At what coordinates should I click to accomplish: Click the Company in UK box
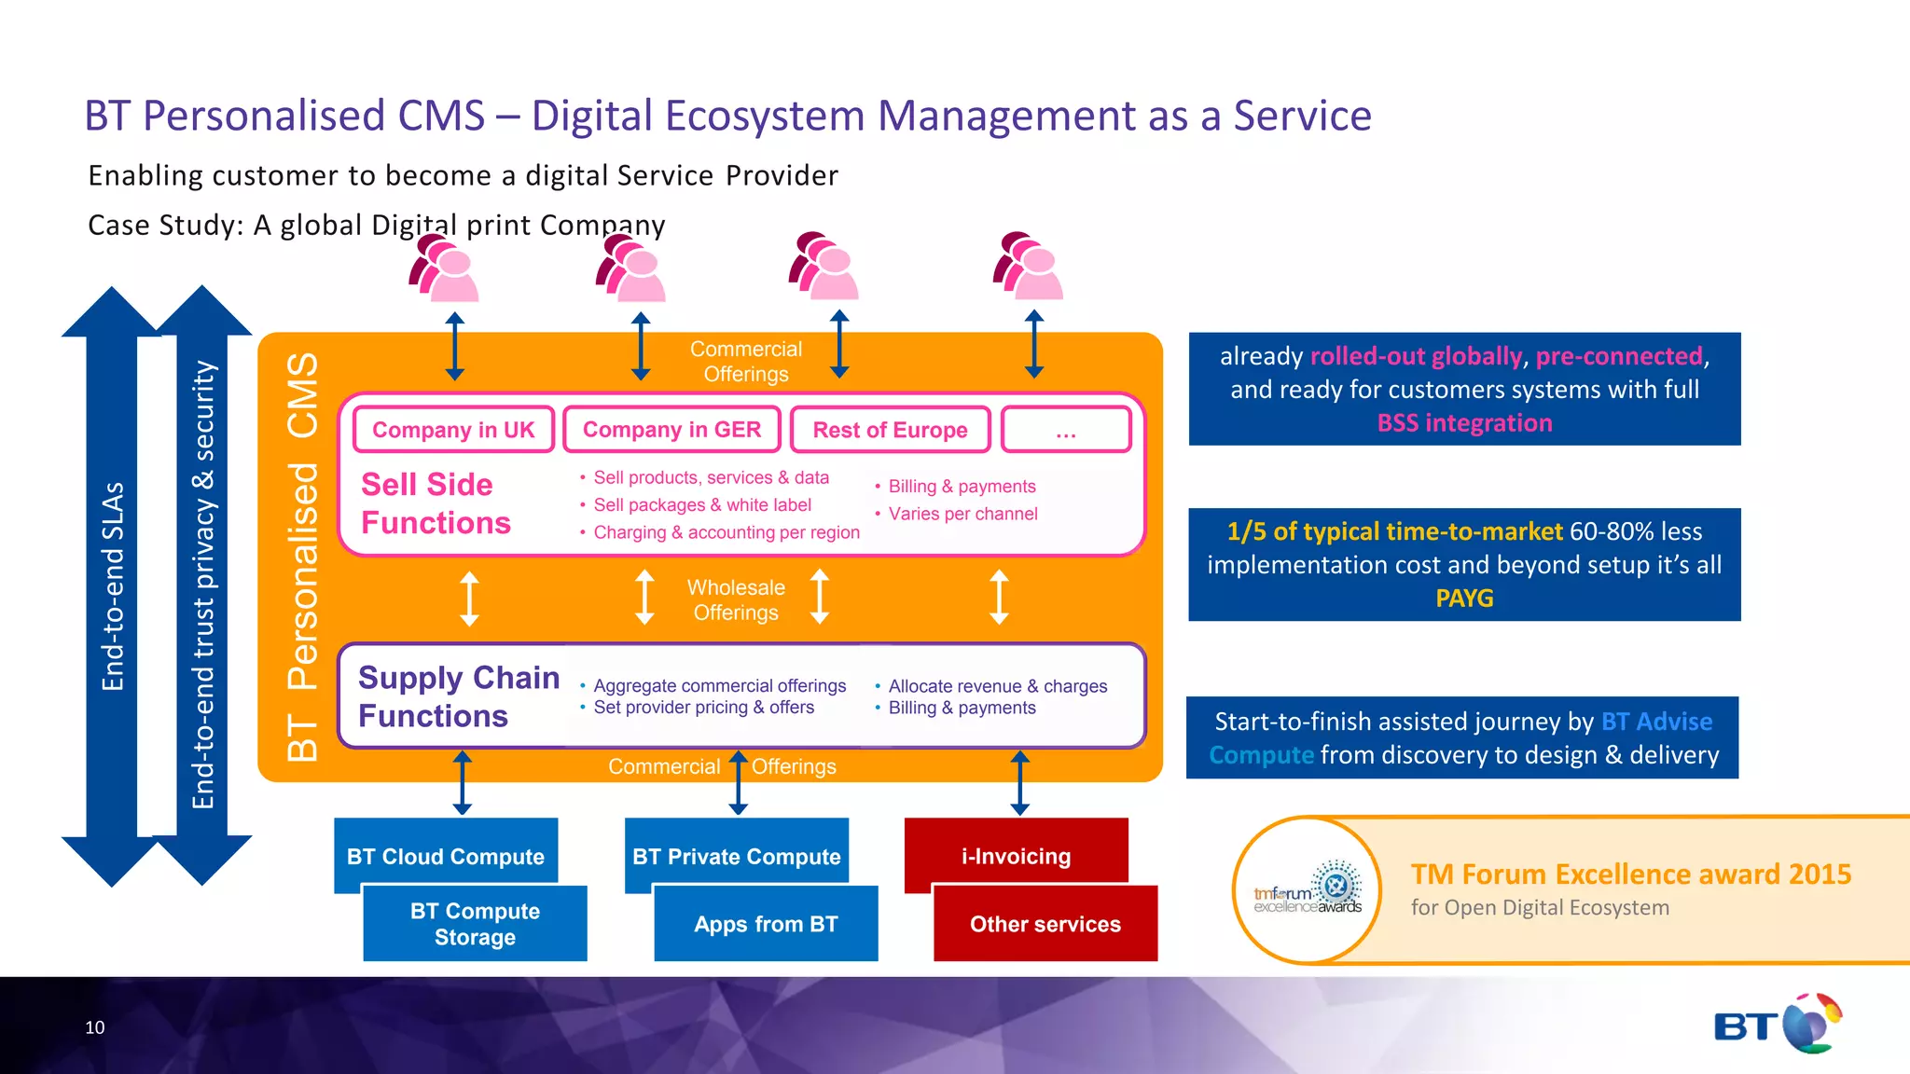tap(453, 430)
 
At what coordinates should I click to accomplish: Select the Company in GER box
tap(671, 430)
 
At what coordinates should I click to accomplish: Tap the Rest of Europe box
tap(890, 430)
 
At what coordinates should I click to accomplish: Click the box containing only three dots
tap(1066, 430)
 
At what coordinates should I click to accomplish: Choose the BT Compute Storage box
tap(475, 924)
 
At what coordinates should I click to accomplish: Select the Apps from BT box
tap(766, 924)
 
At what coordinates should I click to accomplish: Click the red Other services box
tap(1045, 924)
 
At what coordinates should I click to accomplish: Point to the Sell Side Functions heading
tap(436, 503)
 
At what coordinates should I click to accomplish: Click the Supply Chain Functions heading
tap(458, 696)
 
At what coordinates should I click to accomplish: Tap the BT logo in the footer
tap(1778, 1025)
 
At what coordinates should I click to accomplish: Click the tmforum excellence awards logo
tap(1308, 891)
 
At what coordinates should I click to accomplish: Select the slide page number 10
tap(95, 1027)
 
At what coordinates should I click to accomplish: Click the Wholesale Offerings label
tap(736, 599)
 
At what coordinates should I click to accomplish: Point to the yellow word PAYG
tap(1464, 599)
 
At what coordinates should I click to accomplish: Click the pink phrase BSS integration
tap(1464, 423)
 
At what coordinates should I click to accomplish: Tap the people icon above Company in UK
tap(444, 268)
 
